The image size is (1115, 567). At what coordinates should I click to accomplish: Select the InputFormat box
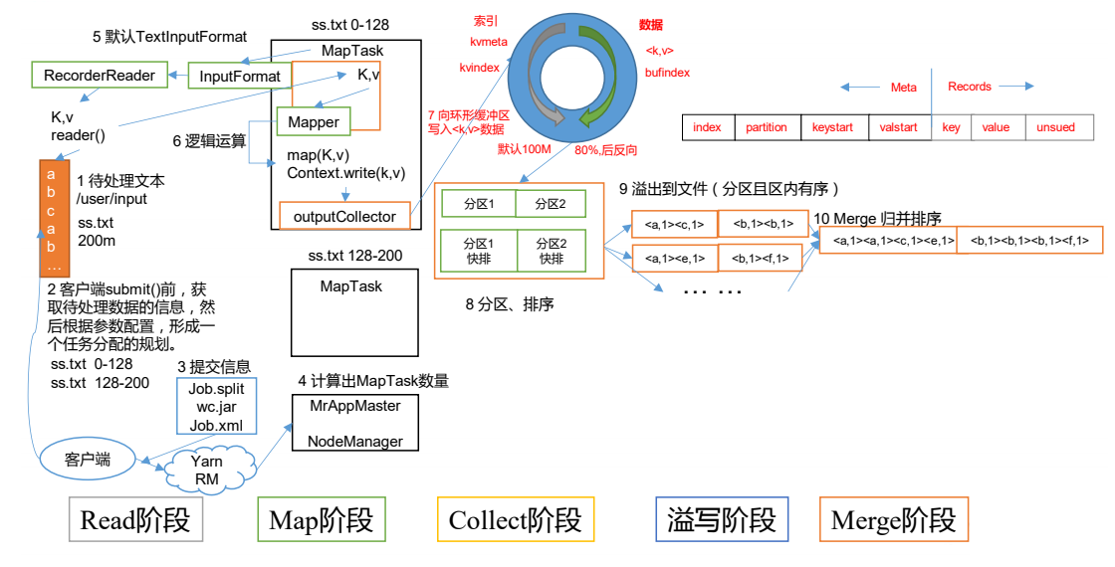[x=240, y=76]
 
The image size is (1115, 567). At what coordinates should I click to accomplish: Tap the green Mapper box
[x=314, y=121]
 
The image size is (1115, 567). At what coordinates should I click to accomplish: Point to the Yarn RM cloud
[x=207, y=469]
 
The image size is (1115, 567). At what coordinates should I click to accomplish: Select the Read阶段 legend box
[x=135, y=519]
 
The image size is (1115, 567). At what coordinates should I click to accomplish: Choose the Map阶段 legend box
[x=321, y=519]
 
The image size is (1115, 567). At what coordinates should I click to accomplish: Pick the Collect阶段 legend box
[x=515, y=519]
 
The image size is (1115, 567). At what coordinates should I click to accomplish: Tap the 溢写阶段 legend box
[x=722, y=519]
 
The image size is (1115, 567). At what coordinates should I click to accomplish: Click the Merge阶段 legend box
[x=892, y=519]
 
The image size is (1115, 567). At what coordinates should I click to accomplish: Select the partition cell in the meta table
[x=766, y=127]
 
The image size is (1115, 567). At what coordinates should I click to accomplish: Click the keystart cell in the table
[x=833, y=127]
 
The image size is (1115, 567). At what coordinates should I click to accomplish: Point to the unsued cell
[x=1055, y=127]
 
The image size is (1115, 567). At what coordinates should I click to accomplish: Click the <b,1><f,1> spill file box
[x=762, y=259]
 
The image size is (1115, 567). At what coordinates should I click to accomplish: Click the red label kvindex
[x=479, y=67]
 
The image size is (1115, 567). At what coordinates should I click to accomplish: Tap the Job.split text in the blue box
[x=217, y=389]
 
